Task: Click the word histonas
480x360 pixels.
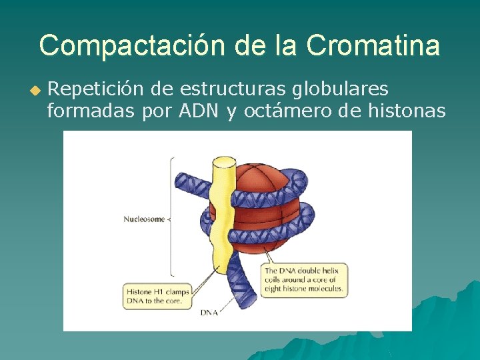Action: click(407, 111)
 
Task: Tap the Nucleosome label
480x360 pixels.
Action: click(143, 219)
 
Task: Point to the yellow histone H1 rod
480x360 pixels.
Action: click(219, 220)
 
